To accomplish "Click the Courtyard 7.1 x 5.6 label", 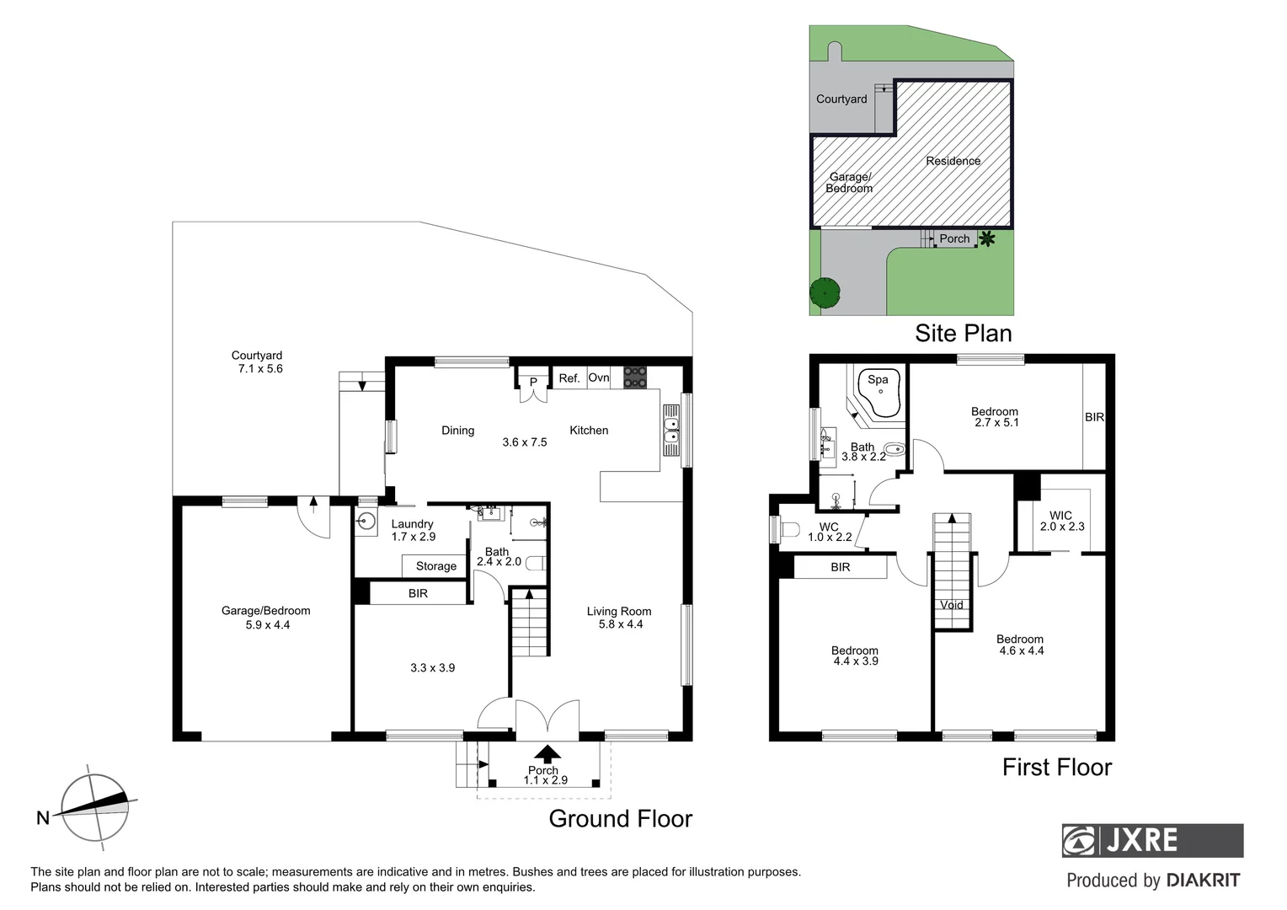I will coord(257,362).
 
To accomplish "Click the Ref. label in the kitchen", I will coord(569,378).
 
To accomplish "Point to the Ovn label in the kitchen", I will coord(599,377).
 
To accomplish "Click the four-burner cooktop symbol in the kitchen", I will coord(635,377).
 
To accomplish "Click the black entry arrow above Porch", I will coord(547,753).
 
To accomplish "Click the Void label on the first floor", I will coord(951,605).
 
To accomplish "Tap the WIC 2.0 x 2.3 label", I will coord(1061,521).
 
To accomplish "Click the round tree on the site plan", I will coord(825,292).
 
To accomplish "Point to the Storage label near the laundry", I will coord(436,566).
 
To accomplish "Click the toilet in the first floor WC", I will coord(788,530).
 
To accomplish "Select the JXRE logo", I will coord(1152,840).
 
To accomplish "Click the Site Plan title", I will coord(963,334).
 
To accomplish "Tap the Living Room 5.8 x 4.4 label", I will coord(619,618).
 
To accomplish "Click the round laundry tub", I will coord(366,521).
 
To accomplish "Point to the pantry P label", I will coord(533,383).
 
